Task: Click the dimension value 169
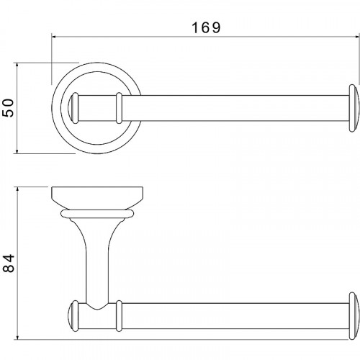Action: coord(206,27)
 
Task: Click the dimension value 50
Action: coord(9,108)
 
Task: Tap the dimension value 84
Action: coord(9,264)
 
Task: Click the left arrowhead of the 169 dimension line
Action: coord(54,37)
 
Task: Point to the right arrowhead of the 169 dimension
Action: coord(357,37)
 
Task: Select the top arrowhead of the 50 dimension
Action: coord(17,65)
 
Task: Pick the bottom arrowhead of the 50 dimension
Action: coord(17,150)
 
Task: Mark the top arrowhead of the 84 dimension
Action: coord(17,189)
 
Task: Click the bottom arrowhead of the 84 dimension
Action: coord(17,337)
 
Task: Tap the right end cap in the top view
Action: coord(354,108)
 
